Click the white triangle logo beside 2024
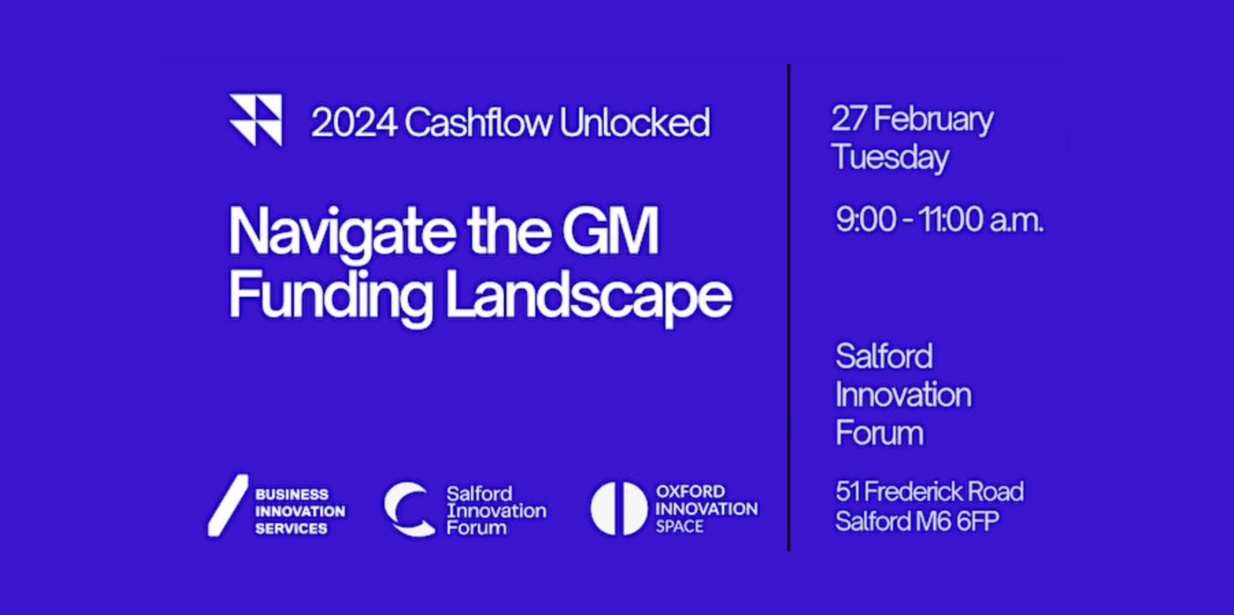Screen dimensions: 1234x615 click(256, 120)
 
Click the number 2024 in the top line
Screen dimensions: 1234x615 click(354, 122)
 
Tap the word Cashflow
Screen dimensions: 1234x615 click(478, 122)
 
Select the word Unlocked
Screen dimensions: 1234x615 click(635, 122)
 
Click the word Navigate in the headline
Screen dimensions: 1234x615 click(342, 233)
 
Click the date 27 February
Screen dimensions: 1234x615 click(912, 120)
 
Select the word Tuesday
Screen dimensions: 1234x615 click(890, 158)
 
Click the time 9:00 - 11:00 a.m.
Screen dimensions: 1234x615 click(939, 220)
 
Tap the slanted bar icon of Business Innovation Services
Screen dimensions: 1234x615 click(228, 506)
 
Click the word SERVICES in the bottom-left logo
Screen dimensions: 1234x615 click(291, 528)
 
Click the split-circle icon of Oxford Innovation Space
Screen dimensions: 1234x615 click(619, 509)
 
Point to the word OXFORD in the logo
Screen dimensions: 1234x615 click(690, 491)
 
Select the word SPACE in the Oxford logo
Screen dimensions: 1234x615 click(679, 527)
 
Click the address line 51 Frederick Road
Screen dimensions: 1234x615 click(929, 491)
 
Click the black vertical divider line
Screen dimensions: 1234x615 click(789, 308)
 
